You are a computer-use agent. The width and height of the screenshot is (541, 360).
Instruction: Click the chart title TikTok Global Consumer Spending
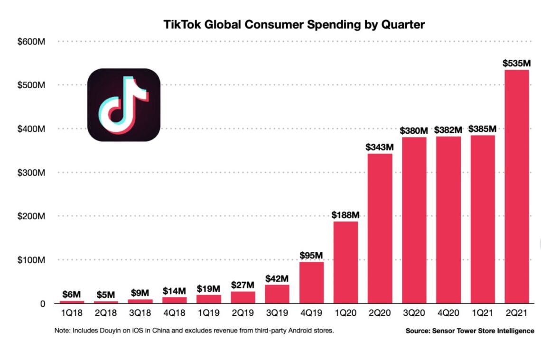(x=294, y=25)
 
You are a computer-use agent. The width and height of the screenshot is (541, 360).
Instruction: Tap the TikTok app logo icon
(x=123, y=105)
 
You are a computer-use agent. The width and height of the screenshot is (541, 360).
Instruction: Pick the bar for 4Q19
(x=311, y=283)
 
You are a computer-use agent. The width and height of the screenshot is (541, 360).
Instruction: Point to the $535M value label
(x=516, y=63)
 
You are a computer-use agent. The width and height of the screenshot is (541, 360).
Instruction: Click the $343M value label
(x=380, y=147)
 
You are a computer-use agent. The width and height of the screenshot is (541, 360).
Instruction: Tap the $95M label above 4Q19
(x=311, y=255)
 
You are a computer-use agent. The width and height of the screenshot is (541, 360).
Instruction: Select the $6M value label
(x=72, y=294)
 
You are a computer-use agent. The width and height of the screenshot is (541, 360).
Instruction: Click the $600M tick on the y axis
(x=31, y=42)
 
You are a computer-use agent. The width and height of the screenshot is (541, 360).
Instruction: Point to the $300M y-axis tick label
(x=31, y=173)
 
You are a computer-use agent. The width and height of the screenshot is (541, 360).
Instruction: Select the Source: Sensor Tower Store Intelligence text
(x=469, y=331)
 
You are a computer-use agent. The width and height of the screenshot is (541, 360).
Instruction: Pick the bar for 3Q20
(x=414, y=220)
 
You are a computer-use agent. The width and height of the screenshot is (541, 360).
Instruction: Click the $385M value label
(x=482, y=129)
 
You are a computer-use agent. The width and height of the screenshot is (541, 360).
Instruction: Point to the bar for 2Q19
(x=243, y=297)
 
